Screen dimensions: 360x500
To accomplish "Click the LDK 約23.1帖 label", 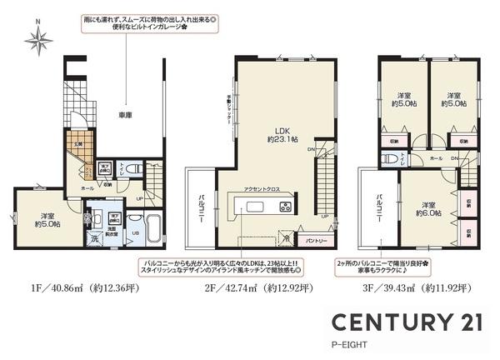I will click(x=277, y=134).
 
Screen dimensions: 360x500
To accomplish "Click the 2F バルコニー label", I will click(x=202, y=207).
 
